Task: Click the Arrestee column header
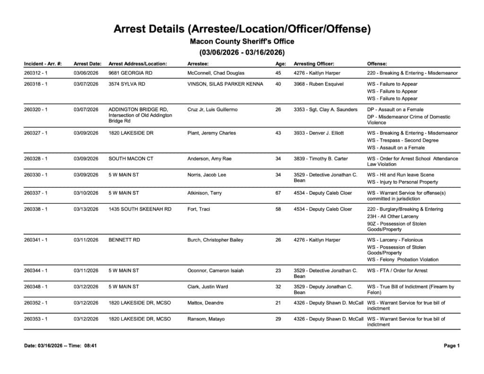pos(198,63)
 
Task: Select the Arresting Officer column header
pos(314,63)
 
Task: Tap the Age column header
pos(280,63)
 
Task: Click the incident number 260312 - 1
pos(36,73)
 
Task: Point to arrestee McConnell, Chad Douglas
pos(216,73)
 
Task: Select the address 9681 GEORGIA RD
pos(130,73)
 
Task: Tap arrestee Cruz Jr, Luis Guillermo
pos(213,110)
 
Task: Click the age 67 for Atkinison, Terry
pos(278,193)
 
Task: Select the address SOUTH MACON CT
pos(131,159)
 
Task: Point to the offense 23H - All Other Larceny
pos(393,217)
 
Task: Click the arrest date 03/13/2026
pos(86,209)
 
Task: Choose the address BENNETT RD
pos(124,240)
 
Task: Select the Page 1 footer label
pos(452,346)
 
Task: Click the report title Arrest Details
pos(242,29)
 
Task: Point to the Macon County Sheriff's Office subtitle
pos(242,42)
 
